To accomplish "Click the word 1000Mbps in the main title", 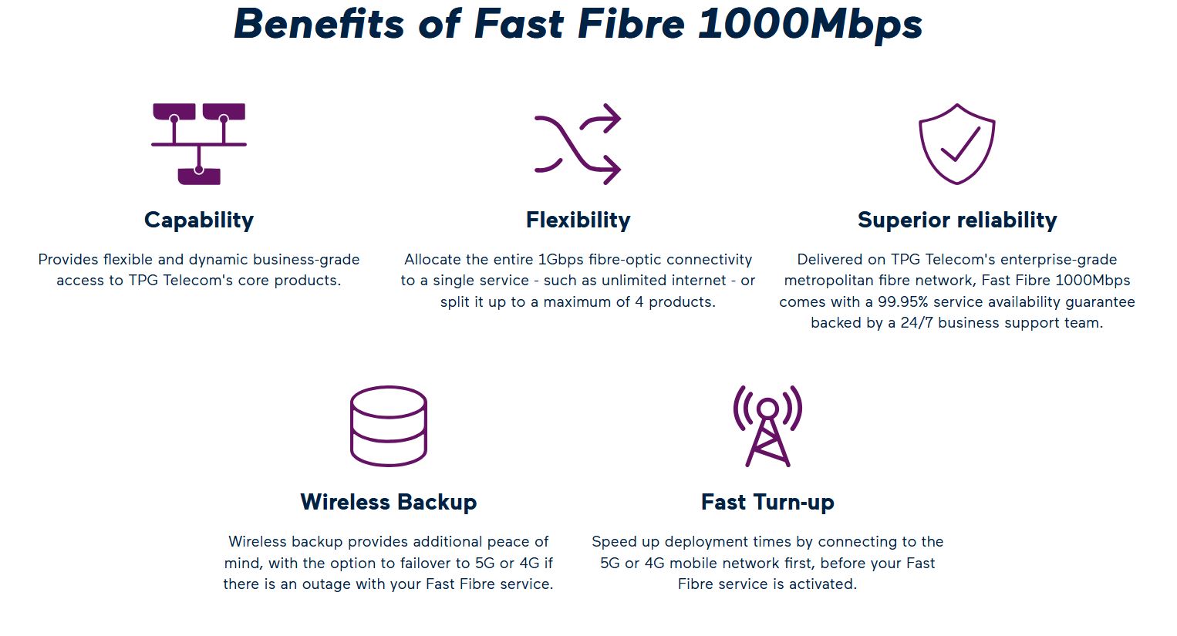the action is pyautogui.click(x=810, y=25).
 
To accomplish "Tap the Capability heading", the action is pyautogui.click(x=199, y=220).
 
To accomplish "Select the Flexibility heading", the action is pyautogui.click(x=578, y=220).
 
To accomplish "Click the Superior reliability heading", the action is pyautogui.click(x=957, y=220).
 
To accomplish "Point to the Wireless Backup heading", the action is pyautogui.click(x=388, y=502).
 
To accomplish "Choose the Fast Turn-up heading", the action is pyautogui.click(x=767, y=502).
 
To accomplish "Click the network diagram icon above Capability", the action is pyautogui.click(x=199, y=144).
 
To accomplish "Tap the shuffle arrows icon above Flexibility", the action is pyautogui.click(x=578, y=144).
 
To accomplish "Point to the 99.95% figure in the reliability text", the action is pyautogui.click(x=902, y=302).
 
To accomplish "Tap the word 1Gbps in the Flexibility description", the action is pyautogui.click(x=561, y=260).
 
